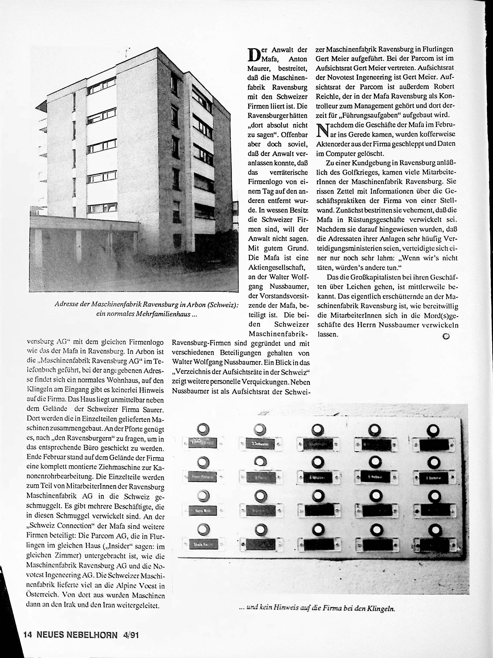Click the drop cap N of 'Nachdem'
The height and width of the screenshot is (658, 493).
(x=323, y=130)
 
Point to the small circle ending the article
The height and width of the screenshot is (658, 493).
(x=445, y=336)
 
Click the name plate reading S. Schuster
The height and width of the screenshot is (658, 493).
(x=260, y=444)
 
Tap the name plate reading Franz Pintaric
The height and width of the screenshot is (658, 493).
(x=202, y=476)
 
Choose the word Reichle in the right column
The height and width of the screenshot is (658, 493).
(x=327, y=96)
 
